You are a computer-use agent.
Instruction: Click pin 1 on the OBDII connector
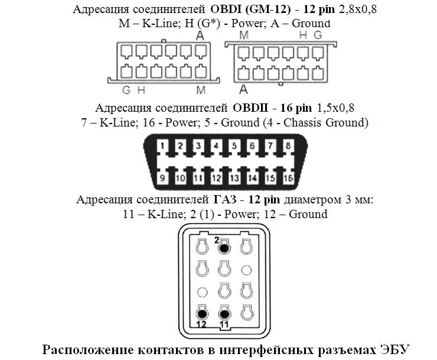tap(164, 146)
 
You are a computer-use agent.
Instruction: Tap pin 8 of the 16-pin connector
tap(288, 146)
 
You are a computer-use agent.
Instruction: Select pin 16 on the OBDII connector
tap(288, 177)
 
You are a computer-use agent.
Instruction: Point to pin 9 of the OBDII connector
tap(164, 177)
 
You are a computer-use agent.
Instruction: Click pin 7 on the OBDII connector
tap(270, 146)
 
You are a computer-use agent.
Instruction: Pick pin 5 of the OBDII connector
tap(234, 146)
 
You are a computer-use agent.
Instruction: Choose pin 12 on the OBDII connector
tap(217, 177)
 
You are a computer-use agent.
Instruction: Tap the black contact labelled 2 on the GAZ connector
tap(224, 245)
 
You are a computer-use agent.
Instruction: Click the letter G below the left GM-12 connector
tap(126, 90)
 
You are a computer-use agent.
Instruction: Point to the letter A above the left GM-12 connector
tap(200, 35)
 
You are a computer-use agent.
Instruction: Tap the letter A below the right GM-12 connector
tap(243, 90)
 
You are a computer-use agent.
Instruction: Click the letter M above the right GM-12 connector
tap(243, 36)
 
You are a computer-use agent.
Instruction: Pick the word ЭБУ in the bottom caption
tap(393, 348)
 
